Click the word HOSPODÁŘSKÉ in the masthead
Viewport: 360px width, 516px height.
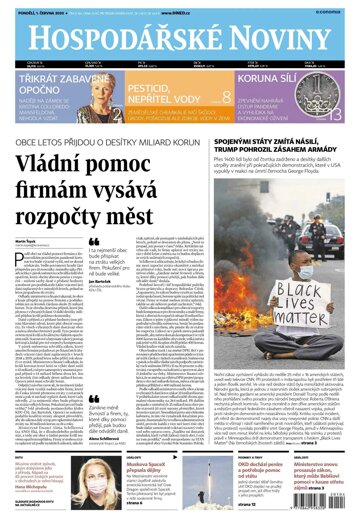pos(110,36)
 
